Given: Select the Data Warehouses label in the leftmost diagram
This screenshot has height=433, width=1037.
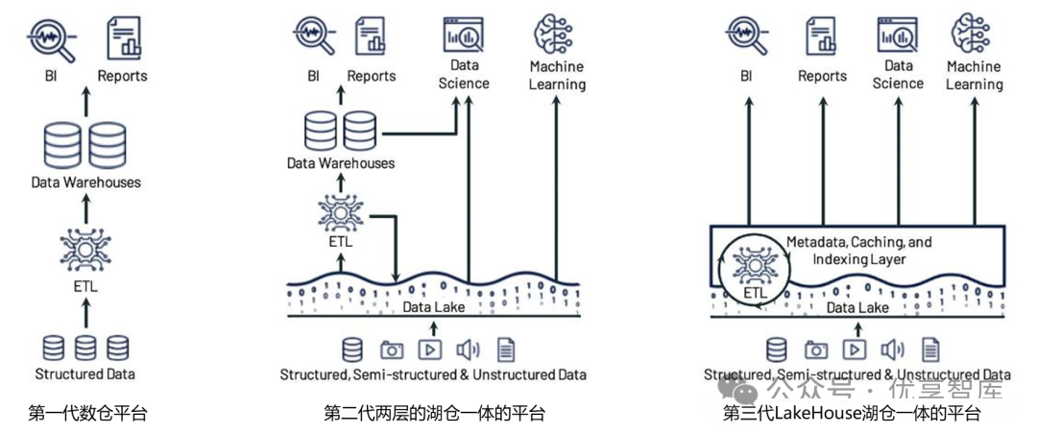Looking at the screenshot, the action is click(86, 181).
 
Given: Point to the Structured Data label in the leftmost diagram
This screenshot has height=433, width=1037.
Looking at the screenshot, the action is click(85, 374).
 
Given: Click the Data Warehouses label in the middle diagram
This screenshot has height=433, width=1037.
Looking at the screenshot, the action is click(341, 163).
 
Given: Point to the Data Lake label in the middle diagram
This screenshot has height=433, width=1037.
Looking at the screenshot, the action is click(434, 306).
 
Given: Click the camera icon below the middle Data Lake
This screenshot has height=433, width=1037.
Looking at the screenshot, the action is click(391, 350).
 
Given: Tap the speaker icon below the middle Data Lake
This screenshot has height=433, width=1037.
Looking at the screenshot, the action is click(468, 350).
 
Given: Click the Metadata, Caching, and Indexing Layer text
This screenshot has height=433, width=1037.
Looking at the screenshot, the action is click(858, 251).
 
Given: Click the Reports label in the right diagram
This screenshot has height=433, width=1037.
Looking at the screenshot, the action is click(822, 76).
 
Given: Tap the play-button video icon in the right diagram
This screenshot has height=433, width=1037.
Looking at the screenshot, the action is click(854, 350).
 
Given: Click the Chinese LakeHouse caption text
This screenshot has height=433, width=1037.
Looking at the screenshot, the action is click(852, 415).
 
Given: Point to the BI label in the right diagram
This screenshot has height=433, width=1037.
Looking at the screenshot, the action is click(745, 76).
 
